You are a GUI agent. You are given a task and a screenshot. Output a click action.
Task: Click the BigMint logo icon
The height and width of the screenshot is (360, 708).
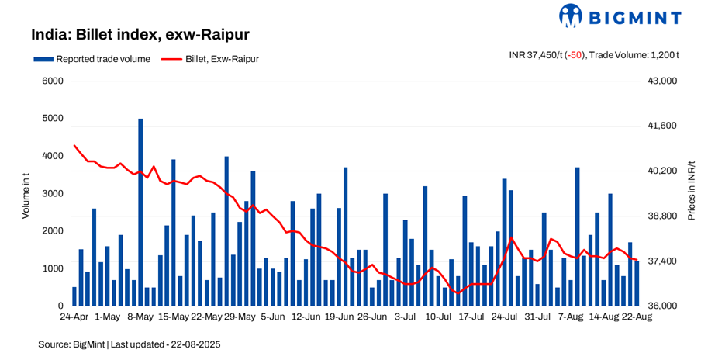572,16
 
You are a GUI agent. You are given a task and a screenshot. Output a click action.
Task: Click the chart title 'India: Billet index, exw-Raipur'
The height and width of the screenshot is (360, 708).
140,35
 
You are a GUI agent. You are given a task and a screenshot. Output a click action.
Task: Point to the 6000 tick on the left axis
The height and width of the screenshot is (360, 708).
52,81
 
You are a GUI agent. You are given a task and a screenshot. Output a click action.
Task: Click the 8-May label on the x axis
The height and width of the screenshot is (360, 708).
140,317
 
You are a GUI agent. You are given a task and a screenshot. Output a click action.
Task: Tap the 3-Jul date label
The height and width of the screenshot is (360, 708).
407,317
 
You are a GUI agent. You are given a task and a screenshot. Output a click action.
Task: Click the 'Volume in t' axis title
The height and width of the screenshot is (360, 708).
26,194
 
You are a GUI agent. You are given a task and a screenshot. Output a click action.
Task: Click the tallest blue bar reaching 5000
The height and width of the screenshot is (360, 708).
140,209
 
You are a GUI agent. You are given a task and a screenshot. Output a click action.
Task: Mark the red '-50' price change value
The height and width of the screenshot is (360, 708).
575,55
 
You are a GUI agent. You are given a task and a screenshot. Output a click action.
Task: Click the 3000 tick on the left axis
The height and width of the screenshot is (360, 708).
52,193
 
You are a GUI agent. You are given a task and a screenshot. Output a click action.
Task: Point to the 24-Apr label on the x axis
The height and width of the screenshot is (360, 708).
75,317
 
